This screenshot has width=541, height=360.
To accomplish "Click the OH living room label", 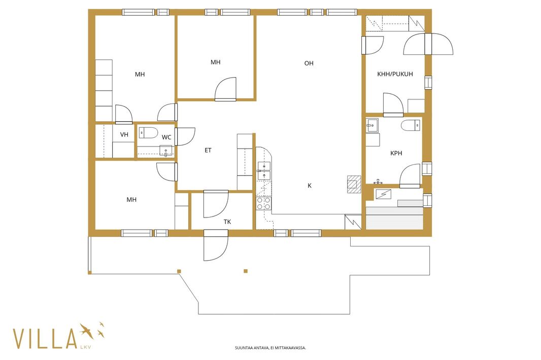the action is click(x=309, y=63).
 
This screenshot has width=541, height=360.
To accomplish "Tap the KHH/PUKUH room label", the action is click(x=395, y=74).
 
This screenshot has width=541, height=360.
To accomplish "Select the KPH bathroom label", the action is click(x=396, y=153).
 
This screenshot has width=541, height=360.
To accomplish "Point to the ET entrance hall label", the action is click(x=208, y=151).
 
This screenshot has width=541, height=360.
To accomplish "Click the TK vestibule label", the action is click(x=227, y=222).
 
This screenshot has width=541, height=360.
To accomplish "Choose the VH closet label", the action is click(x=124, y=134).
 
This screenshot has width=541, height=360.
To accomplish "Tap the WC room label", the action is click(x=166, y=137).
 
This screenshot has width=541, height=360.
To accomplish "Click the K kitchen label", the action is click(x=310, y=186).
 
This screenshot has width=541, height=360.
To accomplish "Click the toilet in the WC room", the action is click(x=148, y=133).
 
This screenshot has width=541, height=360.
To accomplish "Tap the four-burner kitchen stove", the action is click(x=263, y=203).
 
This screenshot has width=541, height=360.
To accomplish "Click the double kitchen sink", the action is click(x=264, y=171).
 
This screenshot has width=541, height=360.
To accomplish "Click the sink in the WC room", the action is click(x=165, y=151).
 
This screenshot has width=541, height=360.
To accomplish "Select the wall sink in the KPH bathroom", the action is click(x=372, y=126).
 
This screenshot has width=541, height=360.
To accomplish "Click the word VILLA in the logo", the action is click(x=45, y=338).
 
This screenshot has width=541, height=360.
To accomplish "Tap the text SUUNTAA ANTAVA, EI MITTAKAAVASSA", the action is click(x=270, y=348).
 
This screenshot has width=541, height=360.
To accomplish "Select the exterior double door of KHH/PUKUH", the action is click(x=428, y=44).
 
